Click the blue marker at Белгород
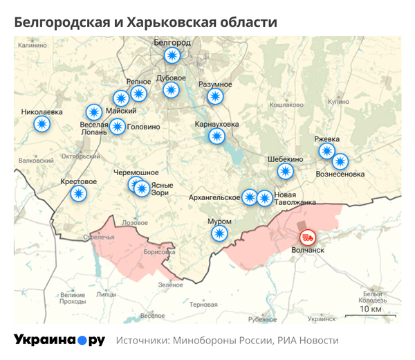click(x=172, y=55)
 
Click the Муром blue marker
click(x=219, y=233)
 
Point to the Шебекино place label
click(x=286, y=159)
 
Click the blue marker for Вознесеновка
click(x=340, y=162)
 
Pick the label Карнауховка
click(x=217, y=125)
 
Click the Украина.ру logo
click(x=59, y=340)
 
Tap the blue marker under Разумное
click(x=215, y=96)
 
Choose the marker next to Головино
click(x=118, y=127)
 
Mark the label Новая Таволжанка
click(x=295, y=199)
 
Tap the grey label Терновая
click(x=203, y=304)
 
